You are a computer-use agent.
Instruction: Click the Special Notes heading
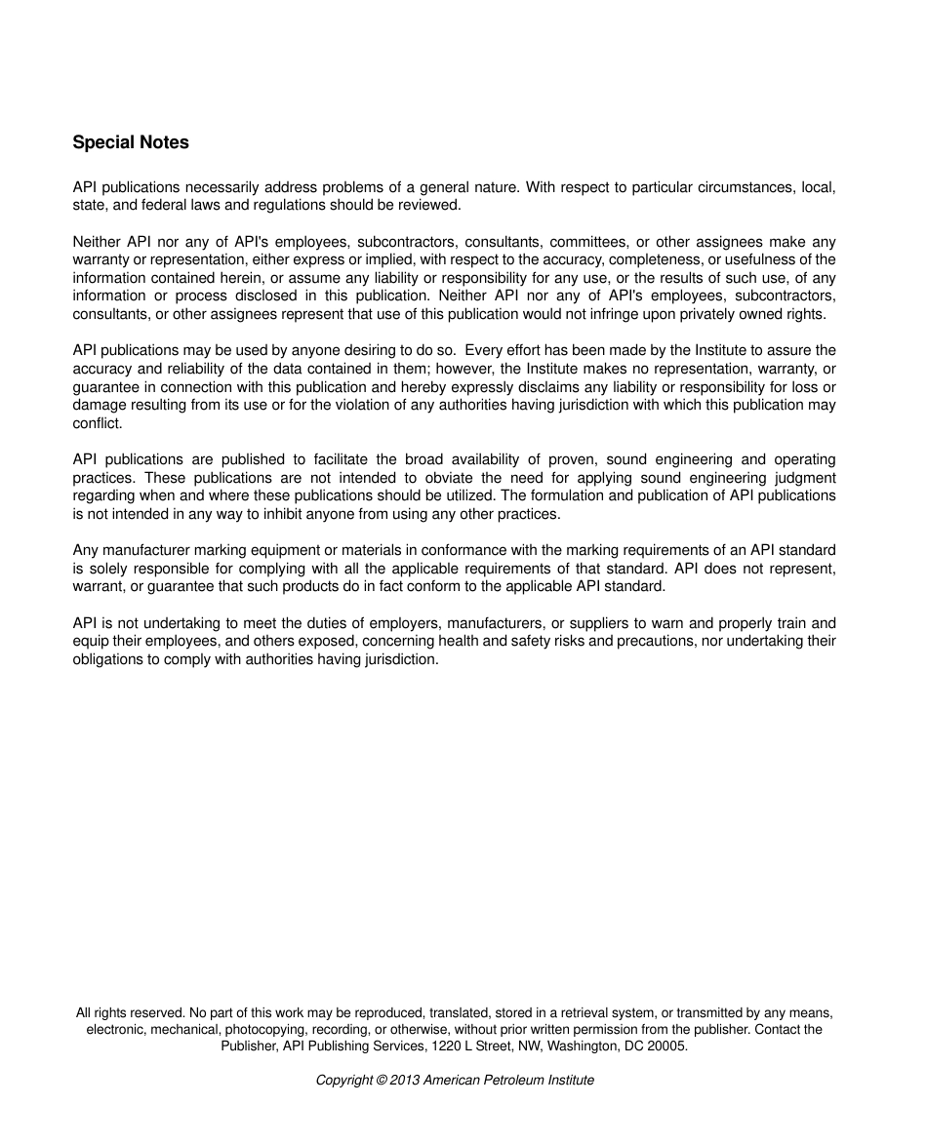pos(131,142)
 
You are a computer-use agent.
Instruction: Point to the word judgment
pos(803,478)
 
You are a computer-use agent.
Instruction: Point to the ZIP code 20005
pos(667,1046)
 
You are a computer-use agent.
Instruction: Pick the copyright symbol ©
pos(382,1081)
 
